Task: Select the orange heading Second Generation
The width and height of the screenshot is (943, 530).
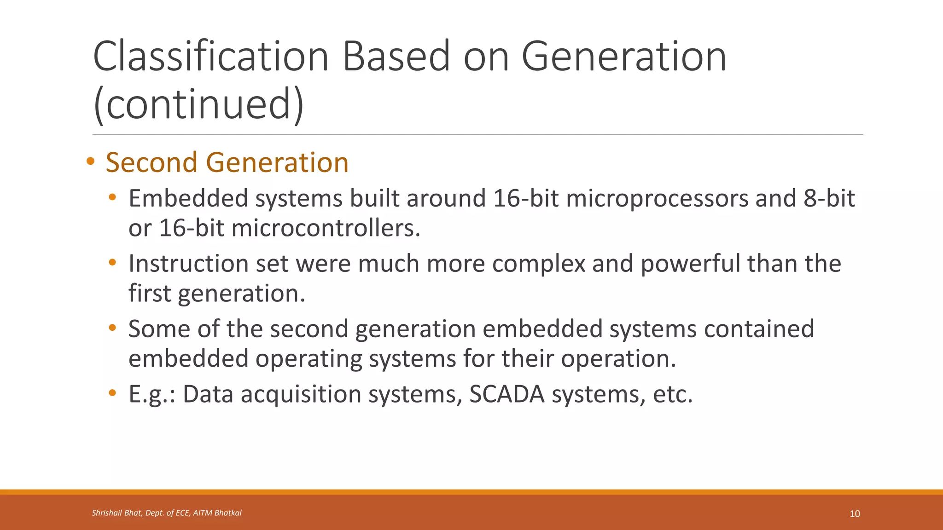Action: click(x=227, y=162)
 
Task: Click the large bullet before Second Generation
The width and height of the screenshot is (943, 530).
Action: click(x=90, y=161)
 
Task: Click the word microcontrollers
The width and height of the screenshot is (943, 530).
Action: click(x=326, y=228)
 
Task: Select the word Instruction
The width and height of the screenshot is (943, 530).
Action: click(x=188, y=264)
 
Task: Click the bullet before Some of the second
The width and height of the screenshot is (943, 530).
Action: click(x=112, y=328)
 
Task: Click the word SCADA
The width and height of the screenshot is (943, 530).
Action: click(x=506, y=395)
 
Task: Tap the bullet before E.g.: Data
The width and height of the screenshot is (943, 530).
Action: click(x=112, y=393)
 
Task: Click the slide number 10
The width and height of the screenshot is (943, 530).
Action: click(x=855, y=514)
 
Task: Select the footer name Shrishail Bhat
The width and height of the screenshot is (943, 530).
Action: click(x=116, y=513)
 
